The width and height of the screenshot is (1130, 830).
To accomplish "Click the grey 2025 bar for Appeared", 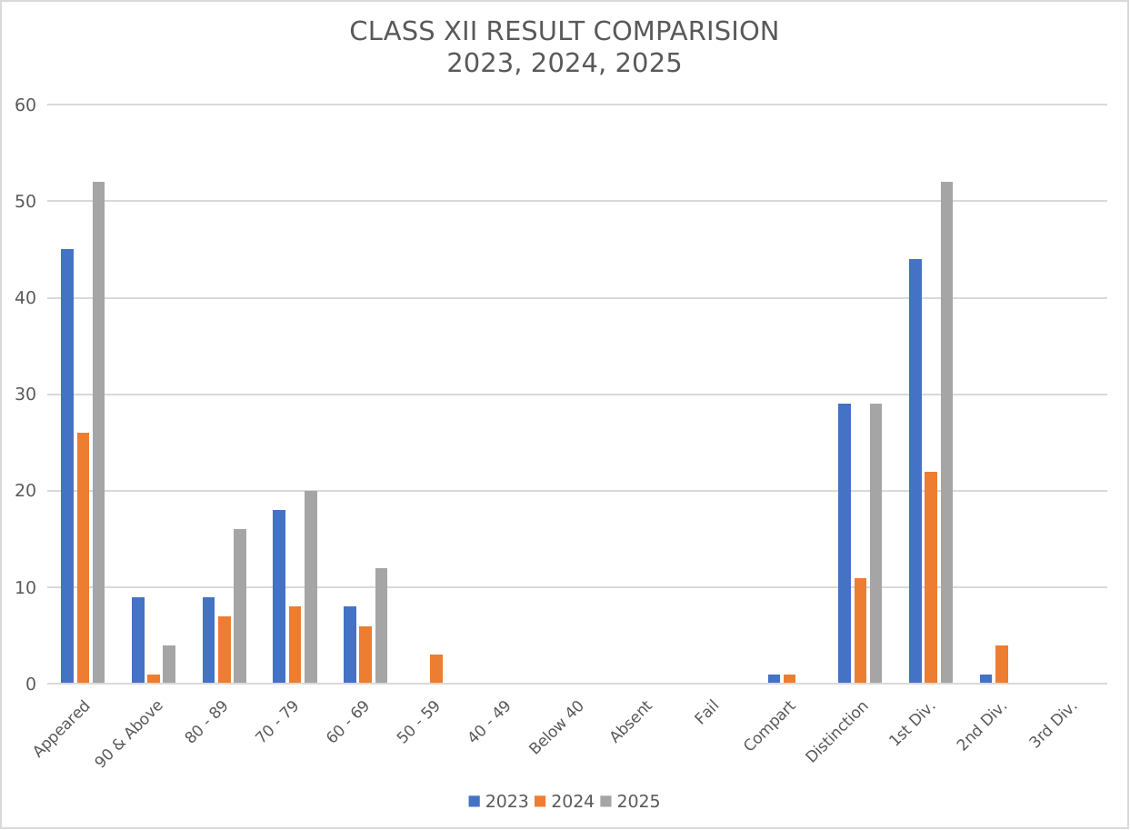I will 98,433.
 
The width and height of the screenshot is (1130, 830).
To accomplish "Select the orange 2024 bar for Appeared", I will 83,558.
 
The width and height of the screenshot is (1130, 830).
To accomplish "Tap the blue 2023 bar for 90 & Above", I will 138,640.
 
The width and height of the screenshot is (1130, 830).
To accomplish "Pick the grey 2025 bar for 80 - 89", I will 240,606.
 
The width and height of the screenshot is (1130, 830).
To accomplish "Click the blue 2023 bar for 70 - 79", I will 279,596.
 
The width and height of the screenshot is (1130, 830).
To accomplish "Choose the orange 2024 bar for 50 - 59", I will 436,669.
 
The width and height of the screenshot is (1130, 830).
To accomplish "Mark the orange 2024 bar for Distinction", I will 860,631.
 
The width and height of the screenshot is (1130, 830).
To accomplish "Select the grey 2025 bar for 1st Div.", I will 946,433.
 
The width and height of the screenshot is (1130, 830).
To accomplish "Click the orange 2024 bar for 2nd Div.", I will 1002,665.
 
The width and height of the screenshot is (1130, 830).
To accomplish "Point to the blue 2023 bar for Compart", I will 774,679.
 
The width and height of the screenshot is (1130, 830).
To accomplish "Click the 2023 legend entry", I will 498,802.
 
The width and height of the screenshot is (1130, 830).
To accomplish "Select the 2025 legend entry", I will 630,802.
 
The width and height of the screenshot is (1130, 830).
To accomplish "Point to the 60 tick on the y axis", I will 25,105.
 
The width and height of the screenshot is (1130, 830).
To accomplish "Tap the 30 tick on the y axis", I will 25,395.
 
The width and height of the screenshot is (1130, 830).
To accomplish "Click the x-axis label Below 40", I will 556,727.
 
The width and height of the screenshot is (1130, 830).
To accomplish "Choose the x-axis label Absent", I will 631,721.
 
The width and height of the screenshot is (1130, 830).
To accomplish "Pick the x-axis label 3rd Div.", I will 1054,724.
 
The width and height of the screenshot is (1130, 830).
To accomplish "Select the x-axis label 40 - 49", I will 489,722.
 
